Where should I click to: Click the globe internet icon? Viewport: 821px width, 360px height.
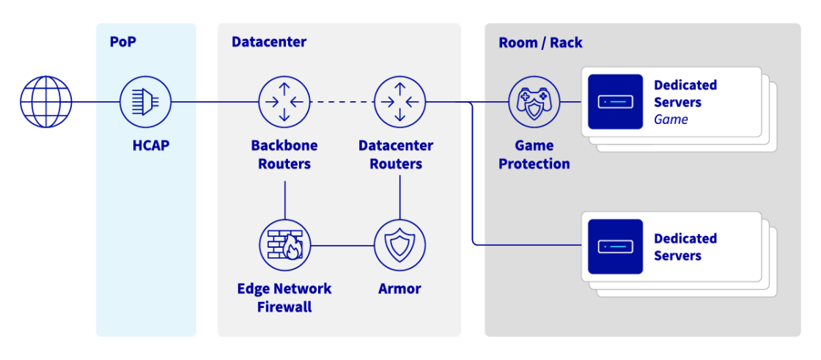tap(46, 102)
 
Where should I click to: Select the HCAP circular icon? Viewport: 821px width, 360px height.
tap(145, 102)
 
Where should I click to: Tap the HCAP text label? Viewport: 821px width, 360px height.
tap(150, 145)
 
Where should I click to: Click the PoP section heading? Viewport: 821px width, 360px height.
tap(122, 42)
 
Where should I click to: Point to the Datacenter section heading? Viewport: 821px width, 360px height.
tap(268, 42)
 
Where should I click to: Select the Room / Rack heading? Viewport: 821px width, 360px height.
tap(540, 43)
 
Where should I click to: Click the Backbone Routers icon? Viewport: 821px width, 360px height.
tap(284, 102)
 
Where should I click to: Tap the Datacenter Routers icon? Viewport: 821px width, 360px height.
tap(400, 102)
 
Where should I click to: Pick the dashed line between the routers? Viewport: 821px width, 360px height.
tap(342, 102)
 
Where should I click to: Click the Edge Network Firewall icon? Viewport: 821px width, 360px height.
tap(284, 245)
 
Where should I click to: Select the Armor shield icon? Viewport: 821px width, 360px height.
tap(400, 245)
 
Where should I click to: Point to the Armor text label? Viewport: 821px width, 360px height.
tap(400, 289)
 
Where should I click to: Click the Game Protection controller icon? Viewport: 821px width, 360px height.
tap(534, 102)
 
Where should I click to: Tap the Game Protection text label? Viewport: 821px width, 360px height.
tap(534, 155)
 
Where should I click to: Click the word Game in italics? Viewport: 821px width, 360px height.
tap(671, 120)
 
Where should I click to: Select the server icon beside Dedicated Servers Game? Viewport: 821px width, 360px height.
tap(615, 102)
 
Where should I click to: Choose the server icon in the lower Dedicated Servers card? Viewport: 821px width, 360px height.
tap(615, 246)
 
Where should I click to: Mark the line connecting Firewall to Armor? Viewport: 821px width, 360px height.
tap(342, 245)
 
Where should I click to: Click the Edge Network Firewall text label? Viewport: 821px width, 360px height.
tap(284, 298)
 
